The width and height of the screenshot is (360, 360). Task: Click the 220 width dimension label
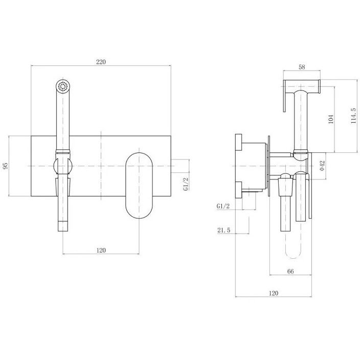coord(101,62)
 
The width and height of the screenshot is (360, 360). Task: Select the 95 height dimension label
coord(5,166)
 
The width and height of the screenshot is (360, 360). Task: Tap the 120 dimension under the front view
coord(101,250)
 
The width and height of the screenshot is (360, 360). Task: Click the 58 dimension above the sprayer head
coord(302,67)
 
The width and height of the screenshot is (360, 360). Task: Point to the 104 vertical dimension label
coord(331,119)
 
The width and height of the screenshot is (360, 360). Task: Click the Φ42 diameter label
coord(322,166)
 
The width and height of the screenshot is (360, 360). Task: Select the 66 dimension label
coord(290,271)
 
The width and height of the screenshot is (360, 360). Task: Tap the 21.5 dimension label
coord(223,230)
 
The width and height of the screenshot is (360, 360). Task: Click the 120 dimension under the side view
coord(273,293)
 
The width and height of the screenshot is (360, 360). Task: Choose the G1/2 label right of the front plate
coord(186,184)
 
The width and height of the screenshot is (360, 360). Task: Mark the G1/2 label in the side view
coord(223,206)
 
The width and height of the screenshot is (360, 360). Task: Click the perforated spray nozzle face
coord(63,86)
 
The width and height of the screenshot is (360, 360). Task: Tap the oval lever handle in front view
coord(139,186)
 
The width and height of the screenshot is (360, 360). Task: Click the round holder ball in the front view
coord(63,166)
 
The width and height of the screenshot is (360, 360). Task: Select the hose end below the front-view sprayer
coord(63,226)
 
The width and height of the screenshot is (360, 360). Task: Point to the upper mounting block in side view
coord(239,142)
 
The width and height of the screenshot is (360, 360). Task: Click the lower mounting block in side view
coord(239,189)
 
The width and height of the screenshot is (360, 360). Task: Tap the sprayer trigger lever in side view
coord(284,96)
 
